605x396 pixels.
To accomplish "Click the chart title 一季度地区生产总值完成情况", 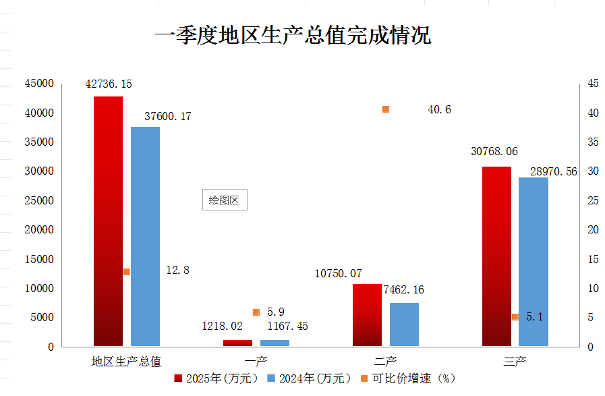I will (x=292, y=35).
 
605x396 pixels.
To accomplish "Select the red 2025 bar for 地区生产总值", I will (x=108, y=223).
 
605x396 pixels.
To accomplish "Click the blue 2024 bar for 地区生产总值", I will (x=145, y=236).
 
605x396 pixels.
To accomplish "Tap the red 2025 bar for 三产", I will (x=496, y=256).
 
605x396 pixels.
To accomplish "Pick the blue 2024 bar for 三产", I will (x=533, y=263).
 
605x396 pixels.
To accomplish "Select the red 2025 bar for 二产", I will (x=367, y=315).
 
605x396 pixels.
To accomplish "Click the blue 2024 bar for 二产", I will (x=404, y=324).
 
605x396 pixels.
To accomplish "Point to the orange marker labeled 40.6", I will (x=386, y=109).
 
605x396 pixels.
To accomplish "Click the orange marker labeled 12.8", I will (x=126, y=272).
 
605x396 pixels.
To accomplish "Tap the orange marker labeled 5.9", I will (x=256, y=312).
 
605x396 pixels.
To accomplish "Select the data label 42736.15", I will (x=109, y=84).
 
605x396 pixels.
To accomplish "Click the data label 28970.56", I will (x=553, y=172).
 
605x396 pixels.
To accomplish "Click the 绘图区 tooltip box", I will (x=225, y=200).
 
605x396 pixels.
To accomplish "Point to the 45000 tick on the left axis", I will (x=39, y=84).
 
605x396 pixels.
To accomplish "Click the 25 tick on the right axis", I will (x=593, y=200).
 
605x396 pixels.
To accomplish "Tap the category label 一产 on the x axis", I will (x=256, y=361).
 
